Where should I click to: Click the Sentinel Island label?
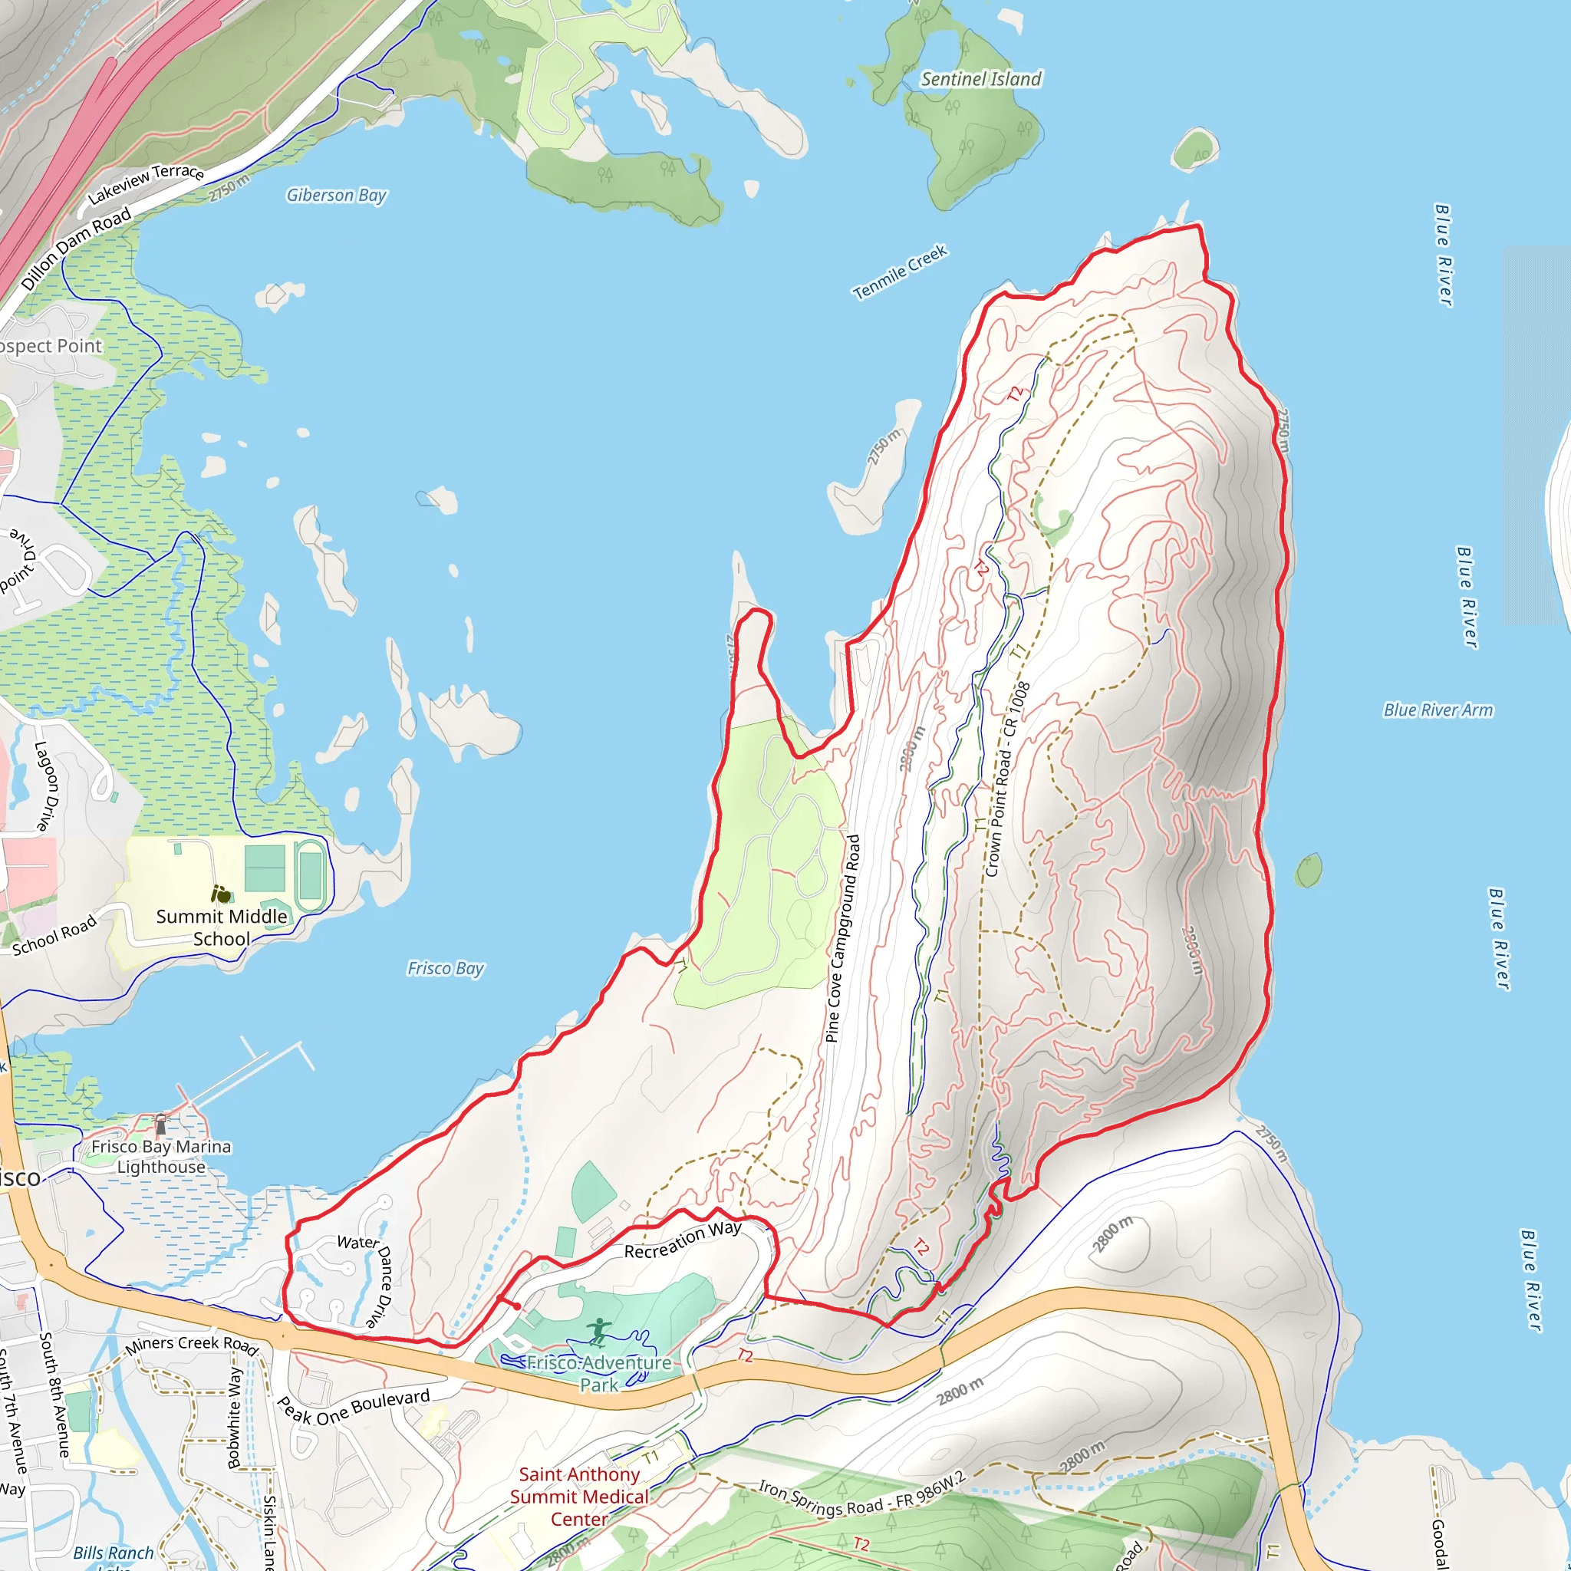[x=980, y=79]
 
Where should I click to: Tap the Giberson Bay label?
[x=336, y=195]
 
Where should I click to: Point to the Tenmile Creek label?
[x=899, y=272]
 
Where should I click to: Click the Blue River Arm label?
[x=1438, y=710]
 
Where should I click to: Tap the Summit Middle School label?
[x=221, y=927]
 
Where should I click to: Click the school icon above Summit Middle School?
[x=220, y=894]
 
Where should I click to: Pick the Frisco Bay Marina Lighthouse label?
[x=161, y=1156]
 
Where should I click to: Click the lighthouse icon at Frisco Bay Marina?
[x=161, y=1125]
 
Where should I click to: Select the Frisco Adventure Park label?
[x=599, y=1373]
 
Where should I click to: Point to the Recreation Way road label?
[x=682, y=1240]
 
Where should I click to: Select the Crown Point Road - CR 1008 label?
[x=1007, y=779]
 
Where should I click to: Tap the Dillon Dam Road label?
[x=76, y=248]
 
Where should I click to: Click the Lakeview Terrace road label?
[x=146, y=183]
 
